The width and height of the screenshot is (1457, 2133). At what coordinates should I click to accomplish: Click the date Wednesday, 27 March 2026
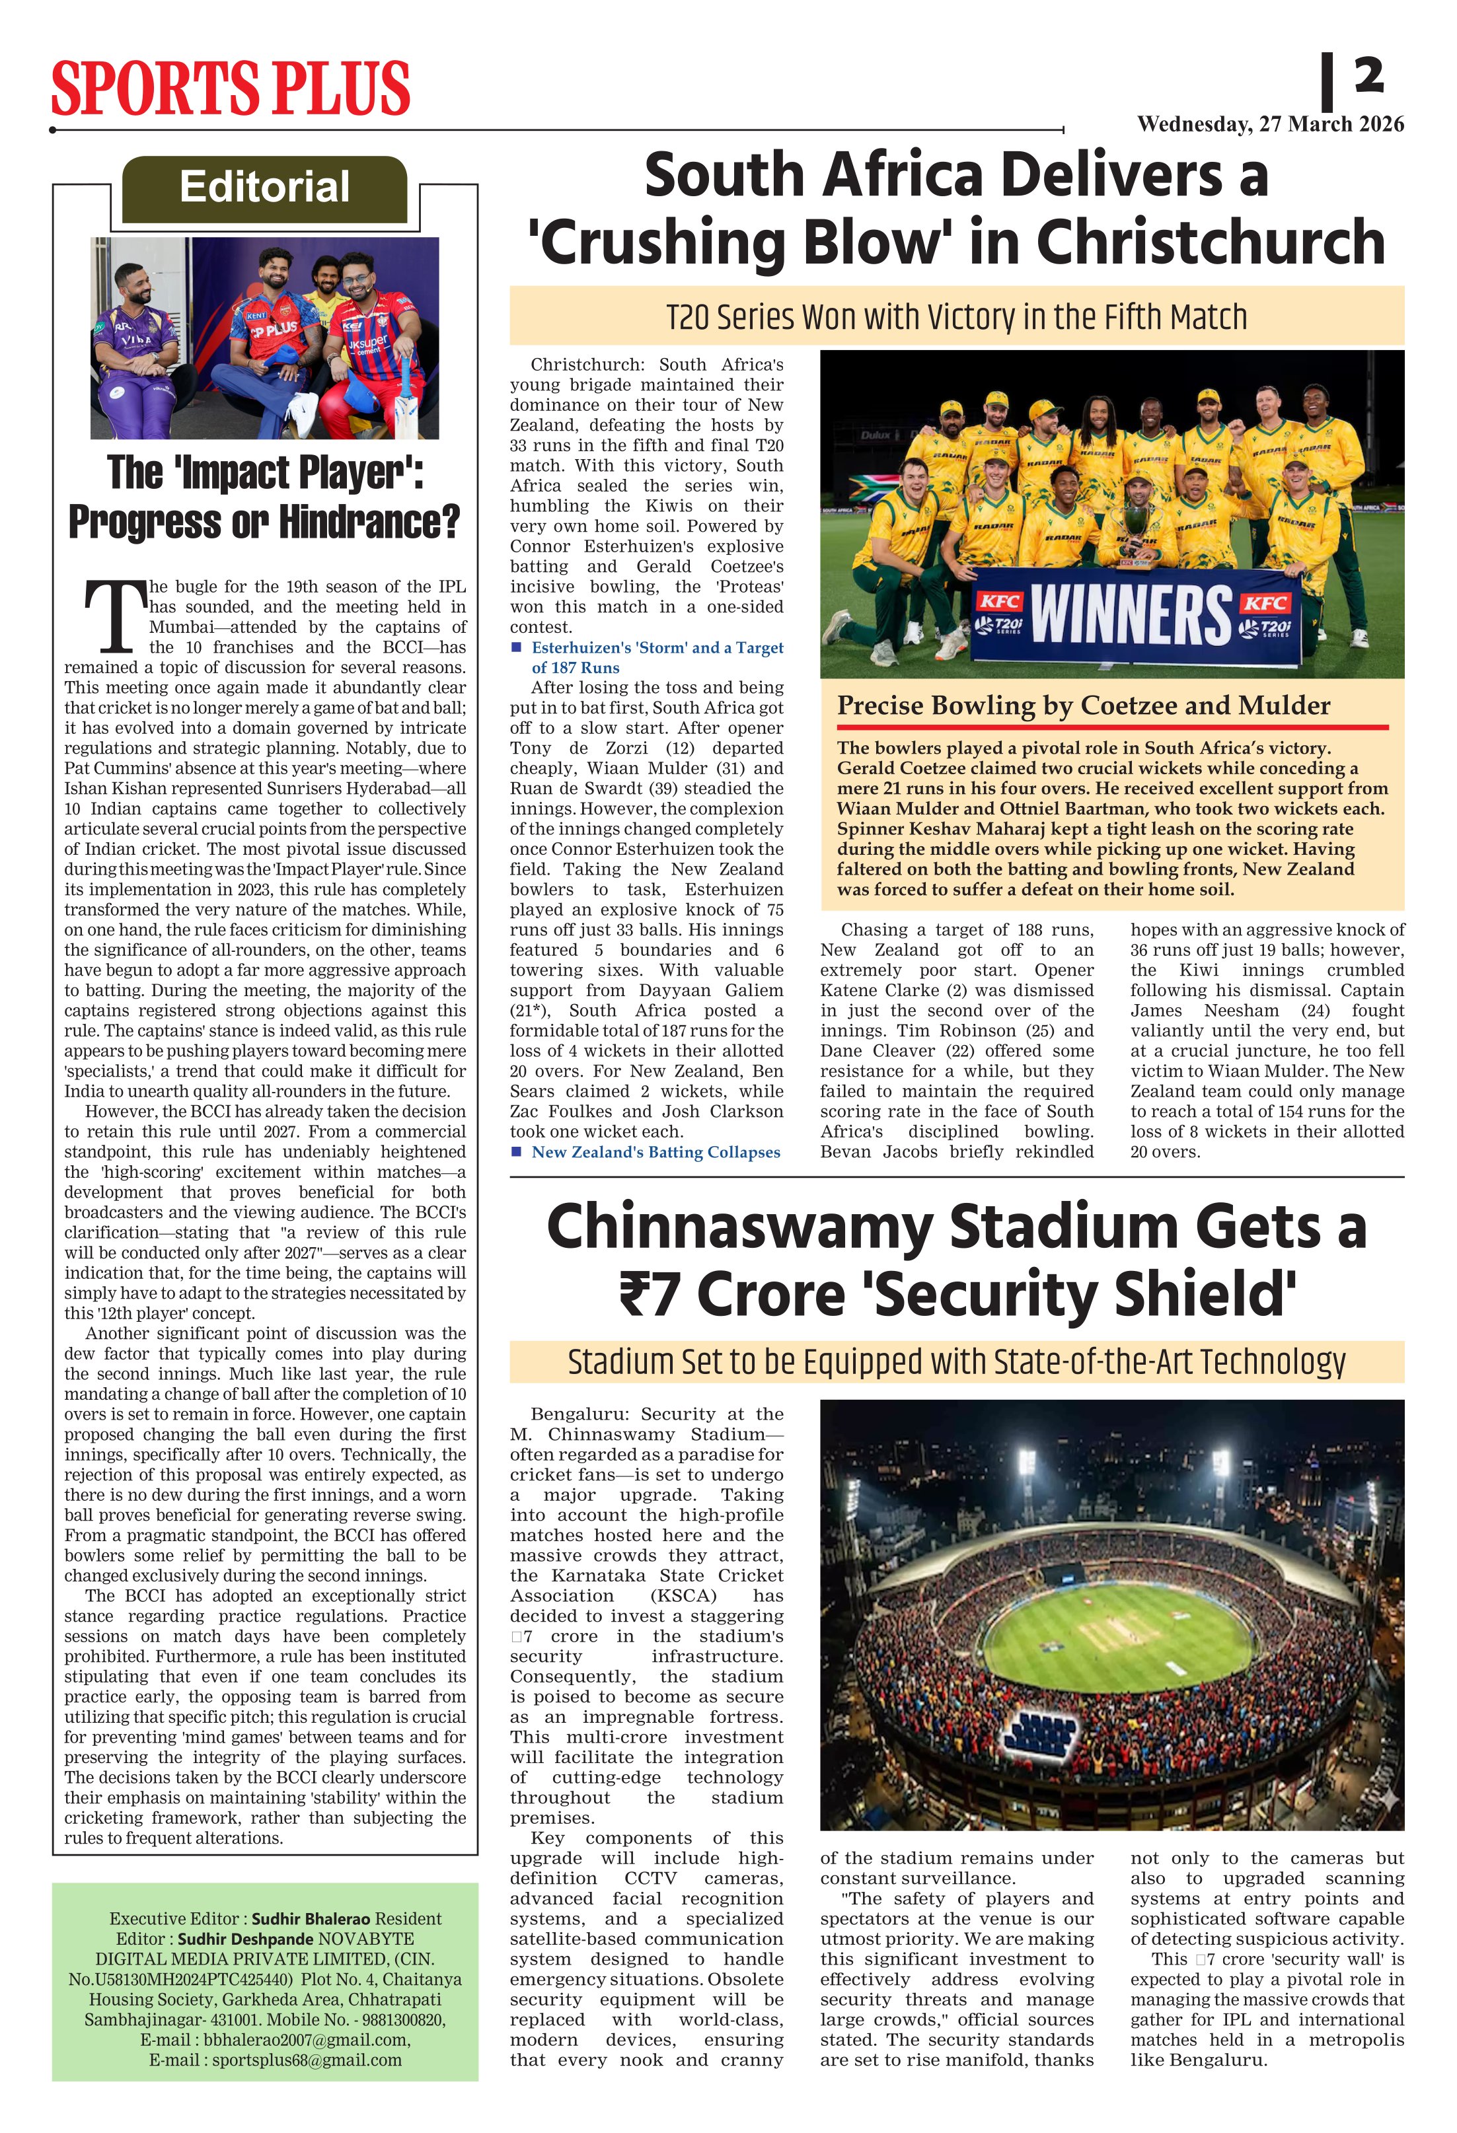[x=1270, y=124]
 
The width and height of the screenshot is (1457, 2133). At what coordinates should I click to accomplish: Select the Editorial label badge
[x=264, y=188]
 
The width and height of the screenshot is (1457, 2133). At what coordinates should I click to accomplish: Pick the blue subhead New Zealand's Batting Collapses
[x=655, y=1152]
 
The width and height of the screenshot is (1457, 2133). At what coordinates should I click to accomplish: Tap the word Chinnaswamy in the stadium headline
[x=739, y=1227]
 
